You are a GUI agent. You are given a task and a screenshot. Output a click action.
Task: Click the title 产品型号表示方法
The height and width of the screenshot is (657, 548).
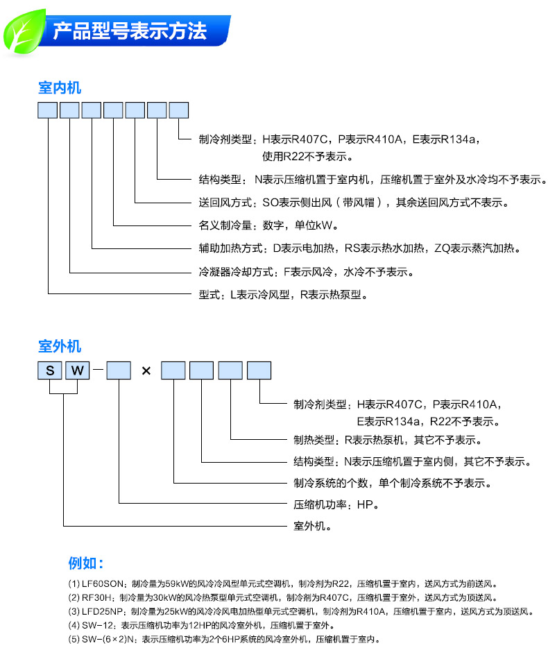point(130,31)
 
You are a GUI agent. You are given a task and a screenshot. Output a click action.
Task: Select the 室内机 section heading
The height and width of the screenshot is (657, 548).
point(59,88)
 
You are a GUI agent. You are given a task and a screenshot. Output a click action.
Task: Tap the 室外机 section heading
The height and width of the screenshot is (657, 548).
point(59,346)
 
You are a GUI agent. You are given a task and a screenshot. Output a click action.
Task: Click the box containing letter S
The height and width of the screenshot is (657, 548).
point(49,370)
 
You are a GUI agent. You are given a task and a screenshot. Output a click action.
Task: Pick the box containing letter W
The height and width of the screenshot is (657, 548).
point(77,370)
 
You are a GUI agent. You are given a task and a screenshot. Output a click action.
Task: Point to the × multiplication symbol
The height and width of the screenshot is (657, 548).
point(146,370)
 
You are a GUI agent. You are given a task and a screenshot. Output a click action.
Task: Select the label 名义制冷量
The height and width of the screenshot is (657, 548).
point(220,225)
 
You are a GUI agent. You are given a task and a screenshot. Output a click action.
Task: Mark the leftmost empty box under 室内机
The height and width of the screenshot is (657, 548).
point(48,110)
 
